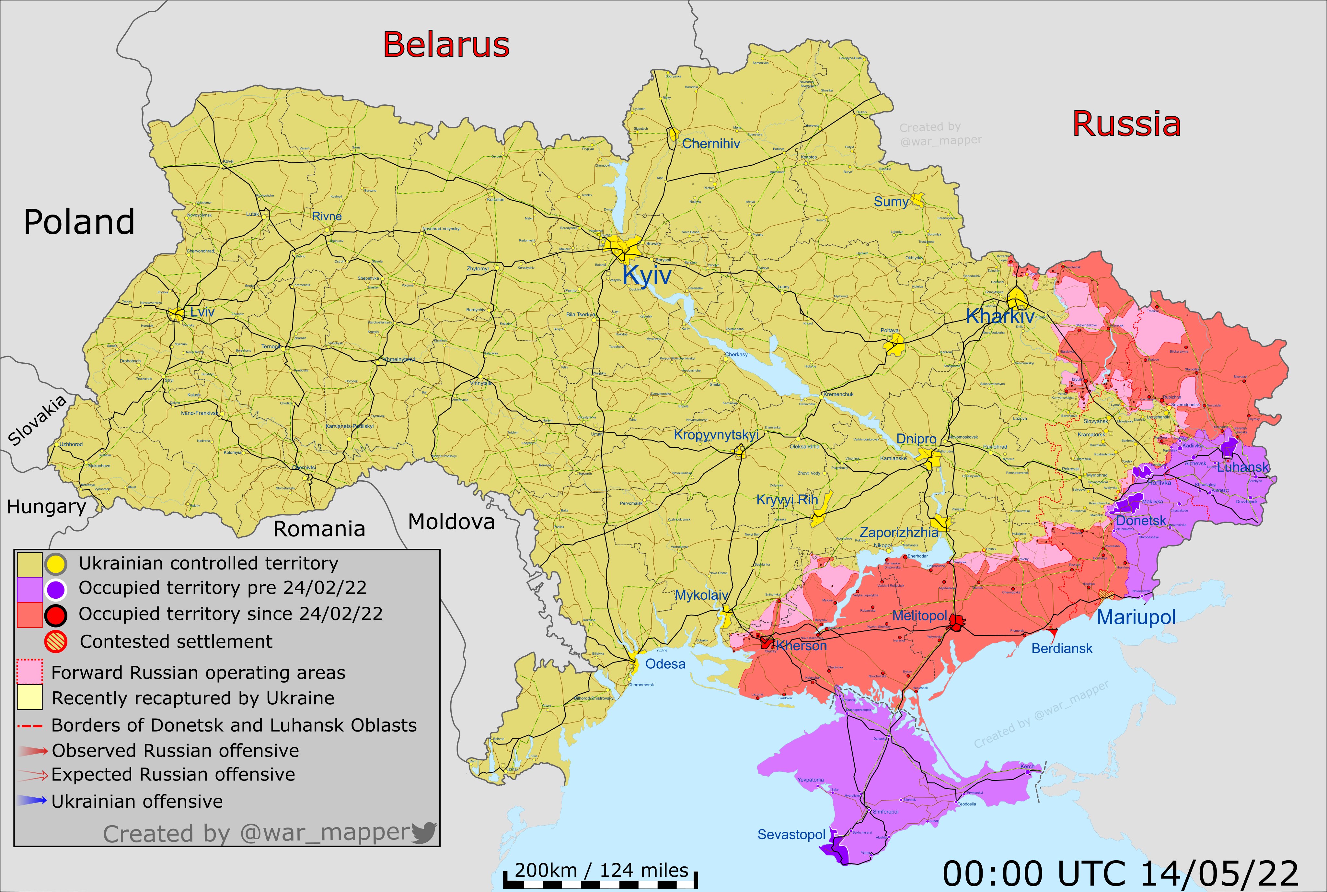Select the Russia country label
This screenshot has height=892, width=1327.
(1126, 124)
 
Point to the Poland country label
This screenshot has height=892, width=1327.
(79, 222)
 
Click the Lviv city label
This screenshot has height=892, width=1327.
(202, 312)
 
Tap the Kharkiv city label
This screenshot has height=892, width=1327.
(999, 316)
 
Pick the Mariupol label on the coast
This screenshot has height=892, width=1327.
(1136, 617)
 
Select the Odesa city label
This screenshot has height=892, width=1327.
(665, 664)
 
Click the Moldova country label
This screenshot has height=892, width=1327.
(451, 522)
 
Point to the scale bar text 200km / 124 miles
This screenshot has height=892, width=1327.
(601, 870)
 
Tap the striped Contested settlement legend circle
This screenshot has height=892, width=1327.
(56, 642)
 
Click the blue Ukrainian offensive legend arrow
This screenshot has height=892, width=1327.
(31, 801)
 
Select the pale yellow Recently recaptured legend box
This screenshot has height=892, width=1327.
(29, 698)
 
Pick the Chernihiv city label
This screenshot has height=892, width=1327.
(711, 144)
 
